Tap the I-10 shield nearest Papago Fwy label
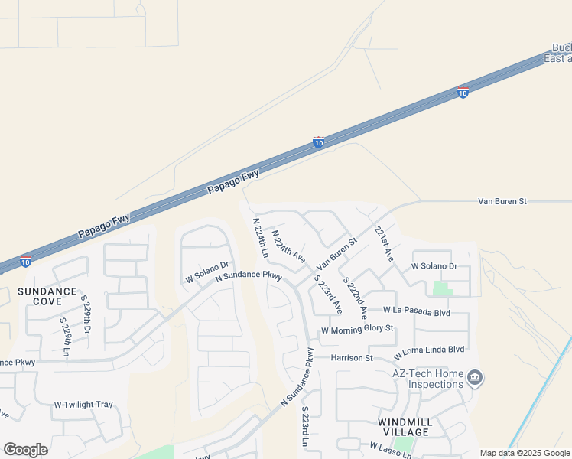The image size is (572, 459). (x=319, y=142)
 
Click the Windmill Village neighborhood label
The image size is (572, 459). (x=405, y=427)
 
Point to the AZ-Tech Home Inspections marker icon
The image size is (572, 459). (x=475, y=378)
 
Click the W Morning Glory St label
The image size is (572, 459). (x=357, y=329)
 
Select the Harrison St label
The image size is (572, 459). (x=352, y=357)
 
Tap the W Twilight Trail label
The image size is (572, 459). (x=83, y=404)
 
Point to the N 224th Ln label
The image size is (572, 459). (x=260, y=237)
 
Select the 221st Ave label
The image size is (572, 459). (x=383, y=244)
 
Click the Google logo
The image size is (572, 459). (x=25, y=450)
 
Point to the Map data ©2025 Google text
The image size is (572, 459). (x=525, y=453)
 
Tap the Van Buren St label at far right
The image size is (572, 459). (x=502, y=201)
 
